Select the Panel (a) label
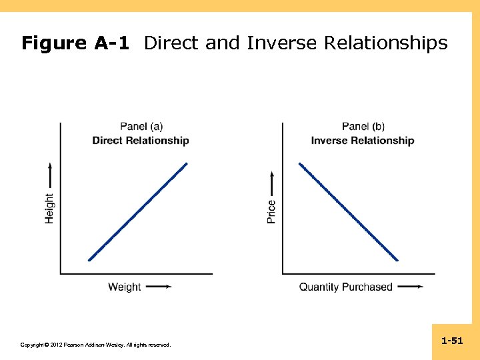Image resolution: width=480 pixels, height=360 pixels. (141, 127)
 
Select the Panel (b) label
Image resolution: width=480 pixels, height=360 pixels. (363, 127)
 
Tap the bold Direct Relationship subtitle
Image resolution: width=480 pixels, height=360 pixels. (141, 141)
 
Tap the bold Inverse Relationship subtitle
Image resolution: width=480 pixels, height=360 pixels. (362, 141)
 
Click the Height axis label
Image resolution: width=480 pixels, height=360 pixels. (49, 208)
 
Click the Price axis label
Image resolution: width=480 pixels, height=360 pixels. (271, 212)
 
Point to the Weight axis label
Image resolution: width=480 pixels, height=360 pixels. (125, 287)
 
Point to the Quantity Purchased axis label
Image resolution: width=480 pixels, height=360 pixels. (345, 287)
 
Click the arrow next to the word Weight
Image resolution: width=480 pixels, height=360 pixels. (158, 287)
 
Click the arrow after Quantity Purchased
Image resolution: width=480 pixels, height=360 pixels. (409, 287)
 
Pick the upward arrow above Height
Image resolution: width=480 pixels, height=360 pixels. (49, 175)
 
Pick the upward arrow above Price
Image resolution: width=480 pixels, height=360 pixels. (271, 184)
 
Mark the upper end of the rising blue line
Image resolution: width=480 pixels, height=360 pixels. (187, 163)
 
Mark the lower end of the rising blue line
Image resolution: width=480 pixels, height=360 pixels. (89, 259)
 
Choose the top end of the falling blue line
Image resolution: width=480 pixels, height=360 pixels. (300, 163)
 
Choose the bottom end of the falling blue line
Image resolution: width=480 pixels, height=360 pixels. (397, 260)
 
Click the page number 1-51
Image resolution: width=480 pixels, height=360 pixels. (452, 341)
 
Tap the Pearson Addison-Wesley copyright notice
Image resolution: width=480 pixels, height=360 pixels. (95, 345)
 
